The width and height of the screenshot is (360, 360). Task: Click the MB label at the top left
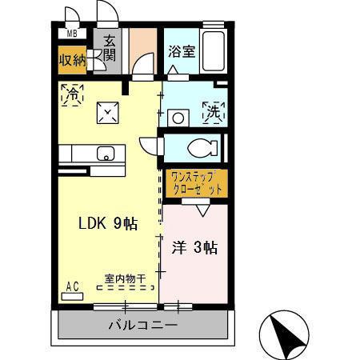tap(72, 34)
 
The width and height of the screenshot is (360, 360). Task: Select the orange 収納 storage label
tap(72, 58)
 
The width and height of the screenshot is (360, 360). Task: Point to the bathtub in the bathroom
tap(214, 52)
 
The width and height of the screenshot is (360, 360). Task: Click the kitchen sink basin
tap(105, 153)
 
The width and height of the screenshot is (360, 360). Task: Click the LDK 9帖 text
tap(106, 224)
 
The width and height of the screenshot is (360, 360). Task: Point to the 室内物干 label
tap(125, 278)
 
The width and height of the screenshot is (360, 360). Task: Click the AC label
tap(71, 286)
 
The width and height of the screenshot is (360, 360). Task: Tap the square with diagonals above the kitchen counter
tap(107, 114)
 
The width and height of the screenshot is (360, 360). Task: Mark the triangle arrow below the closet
tap(200, 211)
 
